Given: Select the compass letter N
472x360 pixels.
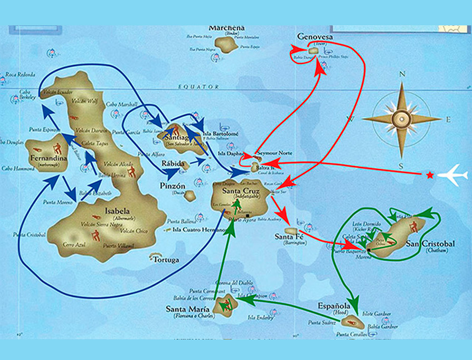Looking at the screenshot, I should (402, 75).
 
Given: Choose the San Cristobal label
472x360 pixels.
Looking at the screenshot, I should (430, 244).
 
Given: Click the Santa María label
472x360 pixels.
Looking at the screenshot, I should (188, 309).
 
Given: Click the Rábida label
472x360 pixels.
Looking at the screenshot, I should (176, 163).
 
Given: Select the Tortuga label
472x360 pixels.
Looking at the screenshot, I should (166, 260).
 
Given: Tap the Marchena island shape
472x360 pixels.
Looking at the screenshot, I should (226, 44).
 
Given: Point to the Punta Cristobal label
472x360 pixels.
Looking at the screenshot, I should (29, 235).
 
